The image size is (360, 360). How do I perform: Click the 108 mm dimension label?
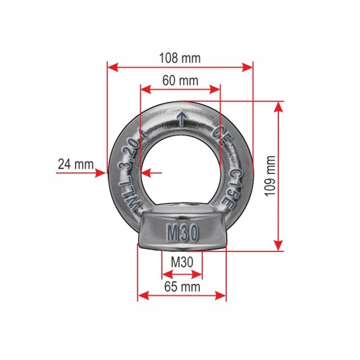[180, 58]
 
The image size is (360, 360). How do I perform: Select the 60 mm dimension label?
[180, 80]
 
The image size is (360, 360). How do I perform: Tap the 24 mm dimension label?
[76, 164]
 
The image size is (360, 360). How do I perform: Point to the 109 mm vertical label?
[270, 176]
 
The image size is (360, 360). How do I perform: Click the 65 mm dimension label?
[182, 287]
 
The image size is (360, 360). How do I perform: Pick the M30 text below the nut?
[182, 262]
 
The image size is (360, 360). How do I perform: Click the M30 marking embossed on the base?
[182, 233]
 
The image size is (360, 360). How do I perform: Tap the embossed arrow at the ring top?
[182, 119]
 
